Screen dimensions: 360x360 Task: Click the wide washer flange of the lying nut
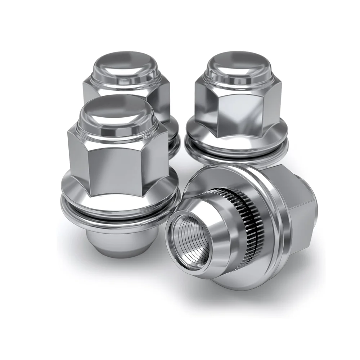(277, 230)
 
